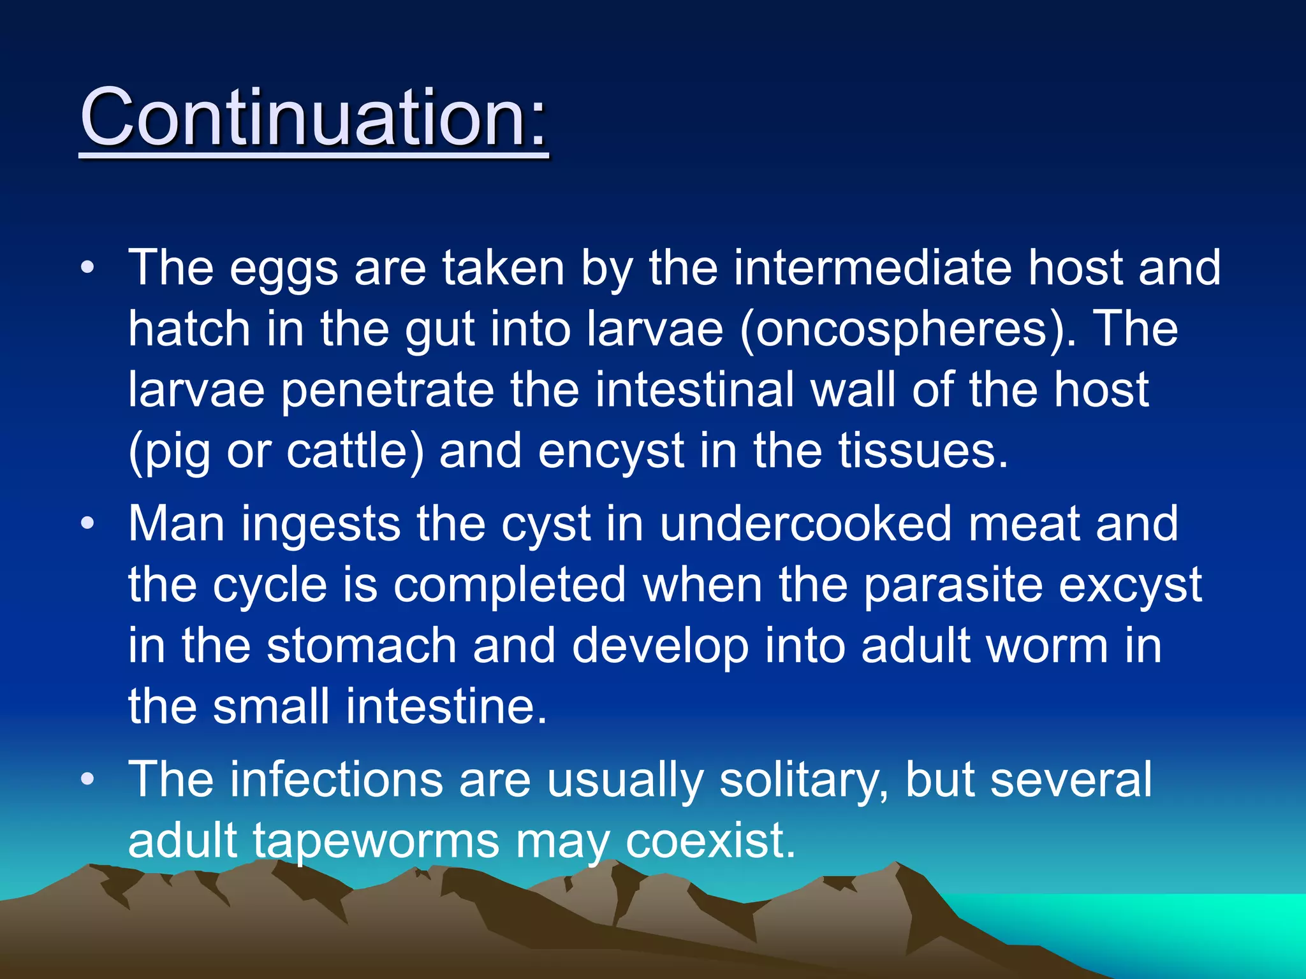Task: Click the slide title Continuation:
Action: click(314, 118)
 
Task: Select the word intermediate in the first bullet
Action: click(872, 268)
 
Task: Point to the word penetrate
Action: click(387, 391)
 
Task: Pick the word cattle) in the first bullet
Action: click(355, 451)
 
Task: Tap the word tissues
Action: click(922, 451)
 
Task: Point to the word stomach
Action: click(361, 646)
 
